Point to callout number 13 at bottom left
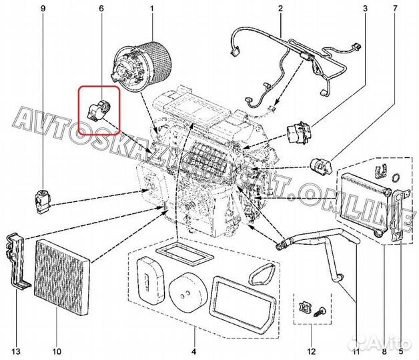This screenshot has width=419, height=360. click(15, 351)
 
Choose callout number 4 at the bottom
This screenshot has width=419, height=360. click(194, 351)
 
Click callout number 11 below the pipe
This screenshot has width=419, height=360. click(355, 351)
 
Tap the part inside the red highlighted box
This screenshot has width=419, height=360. click(98, 107)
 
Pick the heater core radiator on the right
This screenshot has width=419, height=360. click(364, 203)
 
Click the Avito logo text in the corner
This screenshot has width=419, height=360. click(390, 343)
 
